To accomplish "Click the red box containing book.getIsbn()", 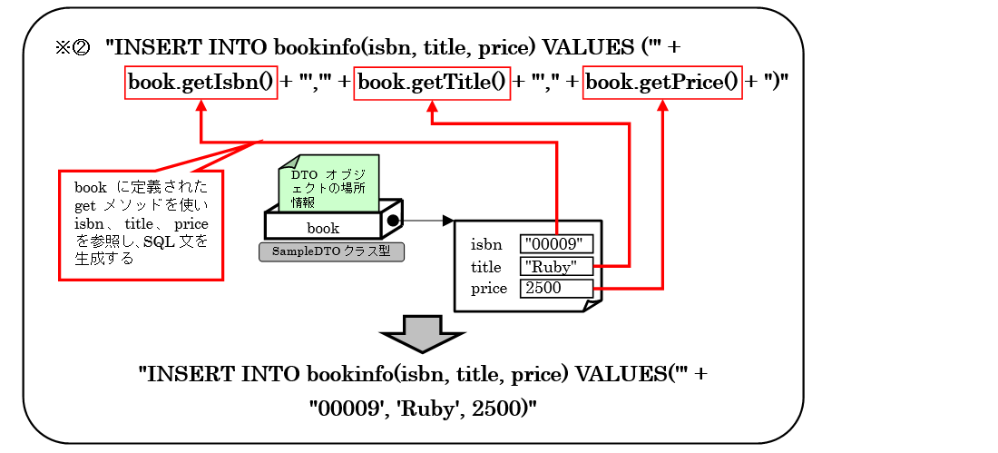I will (201, 83).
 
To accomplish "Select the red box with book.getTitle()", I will (432, 83).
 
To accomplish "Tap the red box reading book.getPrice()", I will (662, 83).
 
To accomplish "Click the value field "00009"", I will (556, 243).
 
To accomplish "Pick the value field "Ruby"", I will (556, 266).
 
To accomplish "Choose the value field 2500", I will (556, 289).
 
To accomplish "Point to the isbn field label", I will (486, 244).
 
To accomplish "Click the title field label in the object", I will (486, 267).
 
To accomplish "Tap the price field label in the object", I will (489, 289).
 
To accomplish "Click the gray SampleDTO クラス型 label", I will (331, 251).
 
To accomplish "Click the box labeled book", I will (323, 227).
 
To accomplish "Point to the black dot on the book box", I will (393, 221).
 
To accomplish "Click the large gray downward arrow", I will (423, 334).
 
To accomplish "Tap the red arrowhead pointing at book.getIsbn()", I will (201, 105).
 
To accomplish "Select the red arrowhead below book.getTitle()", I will (432, 105).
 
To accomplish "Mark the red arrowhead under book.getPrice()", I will (662, 105).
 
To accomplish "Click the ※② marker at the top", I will (73, 47).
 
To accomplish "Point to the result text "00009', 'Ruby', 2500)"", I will (423, 409).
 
